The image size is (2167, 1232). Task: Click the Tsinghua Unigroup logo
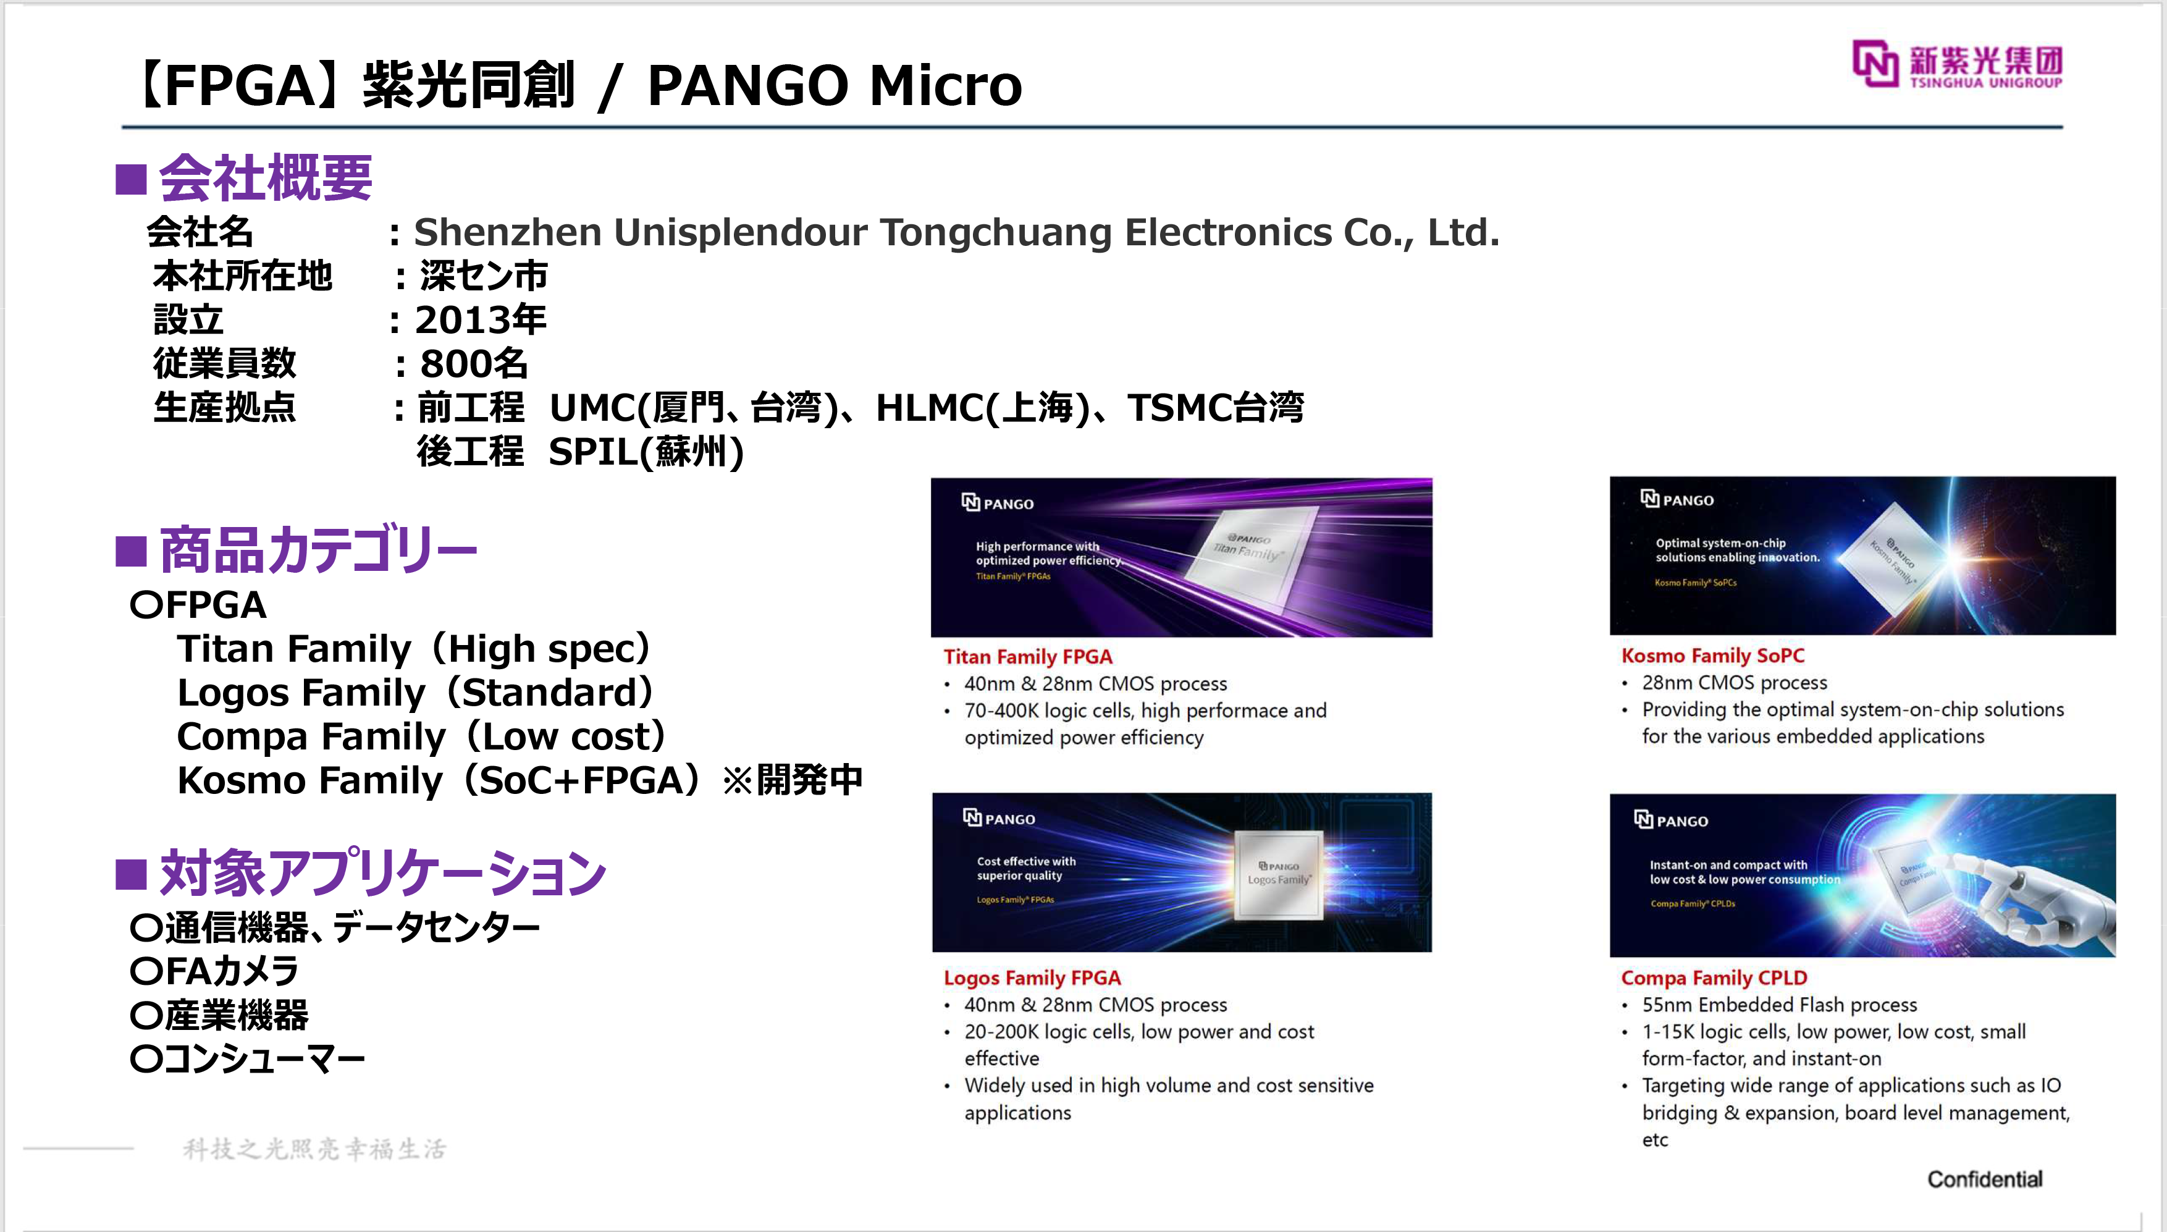pyautogui.click(x=1957, y=64)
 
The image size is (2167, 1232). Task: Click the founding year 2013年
pyautogui.click(x=481, y=320)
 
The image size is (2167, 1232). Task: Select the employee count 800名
pyautogui.click(x=474, y=364)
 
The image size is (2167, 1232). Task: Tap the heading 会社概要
pyautogui.click(x=266, y=178)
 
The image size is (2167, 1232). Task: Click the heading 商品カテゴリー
pyautogui.click(x=318, y=549)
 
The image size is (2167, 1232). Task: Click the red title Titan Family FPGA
pyautogui.click(x=1028, y=657)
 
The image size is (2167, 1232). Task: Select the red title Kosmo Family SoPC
pyautogui.click(x=1713, y=655)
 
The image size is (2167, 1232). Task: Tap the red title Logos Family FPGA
pyautogui.click(x=1032, y=978)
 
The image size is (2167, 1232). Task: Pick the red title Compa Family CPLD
pyautogui.click(x=1714, y=978)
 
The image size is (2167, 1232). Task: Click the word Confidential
pyautogui.click(x=1984, y=1179)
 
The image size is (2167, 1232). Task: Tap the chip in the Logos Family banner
pyautogui.click(x=1278, y=875)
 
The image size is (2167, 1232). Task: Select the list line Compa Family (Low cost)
pyautogui.click(x=421, y=736)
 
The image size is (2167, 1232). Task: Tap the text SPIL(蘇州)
pyautogui.click(x=646, y=452)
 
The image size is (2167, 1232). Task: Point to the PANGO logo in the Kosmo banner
pyautogui.click(x=1677, y=499)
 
